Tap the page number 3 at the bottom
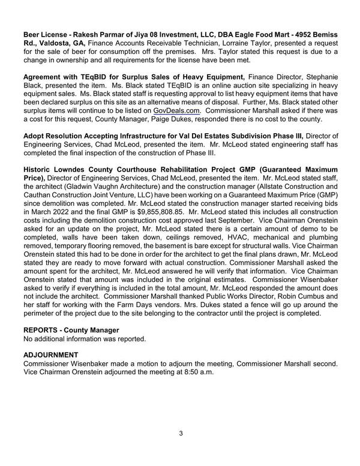tap(180, 433)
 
